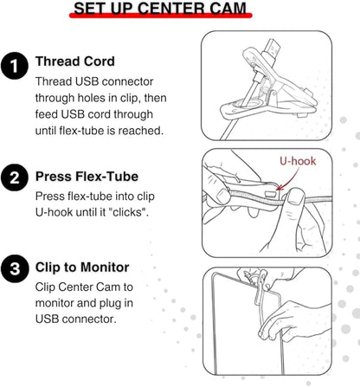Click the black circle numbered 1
(15, 66)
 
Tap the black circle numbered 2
(15, 177)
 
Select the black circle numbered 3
(15, 268)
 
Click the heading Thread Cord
(75, 61)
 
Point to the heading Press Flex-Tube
(87, 177)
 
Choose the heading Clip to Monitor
(82, 268)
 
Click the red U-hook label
(298, 161)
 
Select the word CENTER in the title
(171, 8)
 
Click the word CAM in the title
(228, 8)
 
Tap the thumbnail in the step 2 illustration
(295, 199)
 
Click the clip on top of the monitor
(257, 287)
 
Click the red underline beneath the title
(161, 16)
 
